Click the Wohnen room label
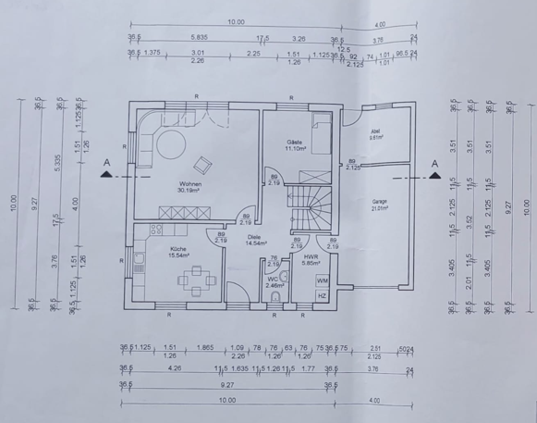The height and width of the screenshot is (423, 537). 190,183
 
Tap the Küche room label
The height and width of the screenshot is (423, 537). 178,248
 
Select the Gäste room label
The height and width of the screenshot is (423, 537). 295,141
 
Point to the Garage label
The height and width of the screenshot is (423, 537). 379,201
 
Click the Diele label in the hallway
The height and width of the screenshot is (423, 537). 254,237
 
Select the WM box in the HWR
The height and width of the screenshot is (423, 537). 322,279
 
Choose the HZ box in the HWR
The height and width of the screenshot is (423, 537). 322,295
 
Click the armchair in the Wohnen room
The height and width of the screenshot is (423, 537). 202,165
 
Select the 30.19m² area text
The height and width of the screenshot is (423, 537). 190,191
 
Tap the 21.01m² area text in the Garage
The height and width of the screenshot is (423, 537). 379,208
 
